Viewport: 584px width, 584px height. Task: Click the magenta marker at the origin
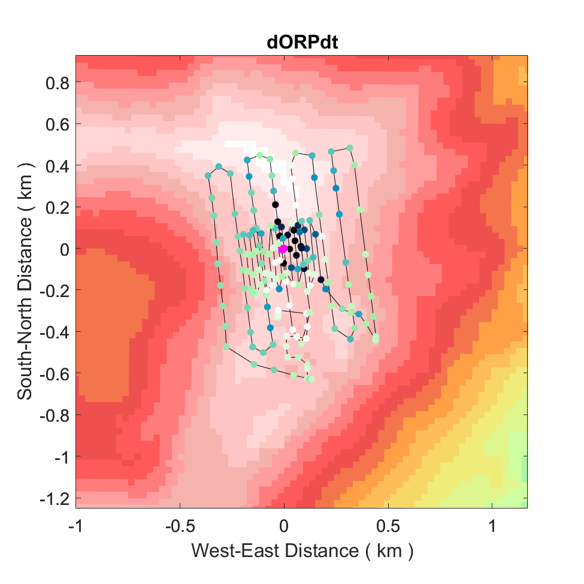(x=283, y=249)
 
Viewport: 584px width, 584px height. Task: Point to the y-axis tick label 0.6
(x=57, y=124)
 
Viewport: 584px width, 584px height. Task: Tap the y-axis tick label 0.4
(x=57, y=165)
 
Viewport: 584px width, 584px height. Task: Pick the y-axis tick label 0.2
(x=57, y=207)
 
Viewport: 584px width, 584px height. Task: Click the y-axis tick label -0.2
(x=55, y=291)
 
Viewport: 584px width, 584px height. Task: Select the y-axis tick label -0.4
(x=55, y=332)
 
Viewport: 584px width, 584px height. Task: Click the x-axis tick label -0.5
(x=179, y=526)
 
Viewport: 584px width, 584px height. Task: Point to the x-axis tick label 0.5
(x=388, y=526)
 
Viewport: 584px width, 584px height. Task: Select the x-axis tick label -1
(x=75, y=526)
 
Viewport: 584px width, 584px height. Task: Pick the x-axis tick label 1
(x=492, y=526)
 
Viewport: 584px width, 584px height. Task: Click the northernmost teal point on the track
(x=350, y=147)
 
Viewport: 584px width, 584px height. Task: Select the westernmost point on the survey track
(x=208, y=175)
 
